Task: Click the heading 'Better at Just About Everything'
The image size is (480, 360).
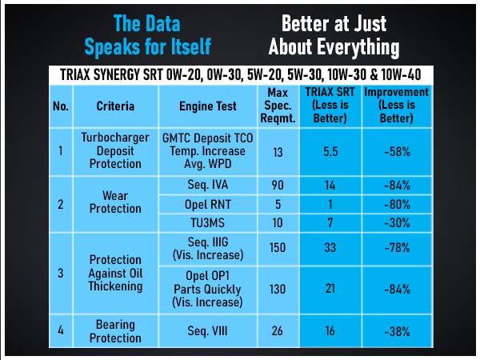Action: pyautogui.click(x=334, y=35)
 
